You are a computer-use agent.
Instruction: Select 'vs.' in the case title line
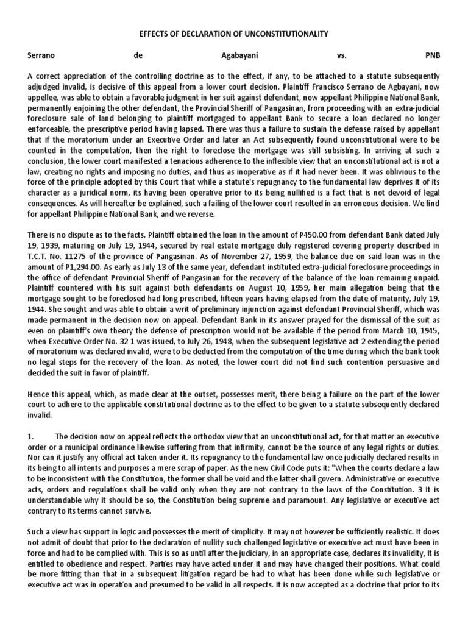pos(341,55)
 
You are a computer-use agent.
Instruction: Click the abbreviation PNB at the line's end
pos(431,55)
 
